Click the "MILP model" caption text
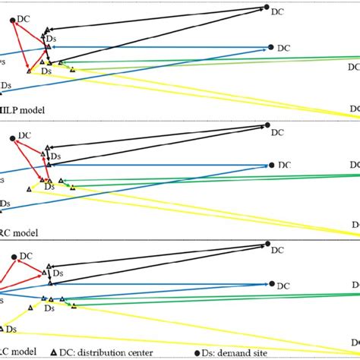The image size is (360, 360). click(x=22, y=110)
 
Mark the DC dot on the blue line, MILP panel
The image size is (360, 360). click(x=271, y=47)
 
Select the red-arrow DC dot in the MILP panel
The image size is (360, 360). click(x=13, y=21)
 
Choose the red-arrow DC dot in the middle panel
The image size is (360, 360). click(x=12, y=138)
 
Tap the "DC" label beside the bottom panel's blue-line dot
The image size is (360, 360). click(x=283, y=286)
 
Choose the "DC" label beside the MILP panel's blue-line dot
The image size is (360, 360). click(x=283, y=47)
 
